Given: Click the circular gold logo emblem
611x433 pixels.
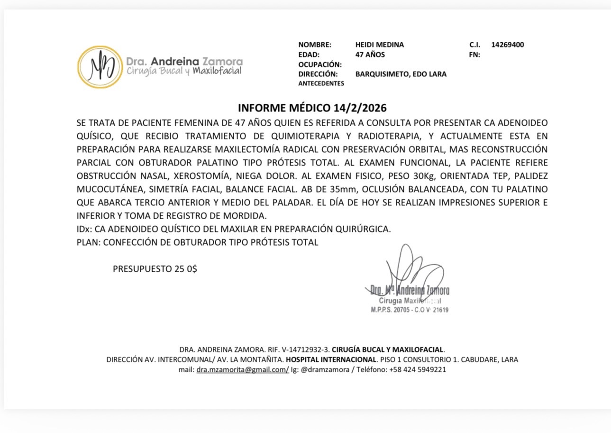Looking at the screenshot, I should [100, 67].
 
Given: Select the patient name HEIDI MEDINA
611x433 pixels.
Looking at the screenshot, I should [379, 45].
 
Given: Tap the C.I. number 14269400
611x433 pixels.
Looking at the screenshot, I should [507, 45].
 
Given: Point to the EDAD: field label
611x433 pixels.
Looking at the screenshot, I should [309, 55].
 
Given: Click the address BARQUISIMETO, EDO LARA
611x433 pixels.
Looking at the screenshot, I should [401, 74].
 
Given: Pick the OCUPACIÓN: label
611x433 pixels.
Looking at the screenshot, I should [320, 64].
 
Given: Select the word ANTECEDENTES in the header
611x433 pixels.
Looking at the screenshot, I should [321, 83].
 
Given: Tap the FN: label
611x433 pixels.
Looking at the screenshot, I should [474, 55].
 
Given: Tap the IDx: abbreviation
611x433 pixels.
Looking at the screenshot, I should [84, 229].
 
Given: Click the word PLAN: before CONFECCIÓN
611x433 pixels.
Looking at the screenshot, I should [89, 242].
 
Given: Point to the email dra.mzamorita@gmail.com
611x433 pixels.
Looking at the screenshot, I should [242, 369].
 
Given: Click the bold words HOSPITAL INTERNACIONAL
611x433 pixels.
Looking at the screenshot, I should [331, 359].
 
